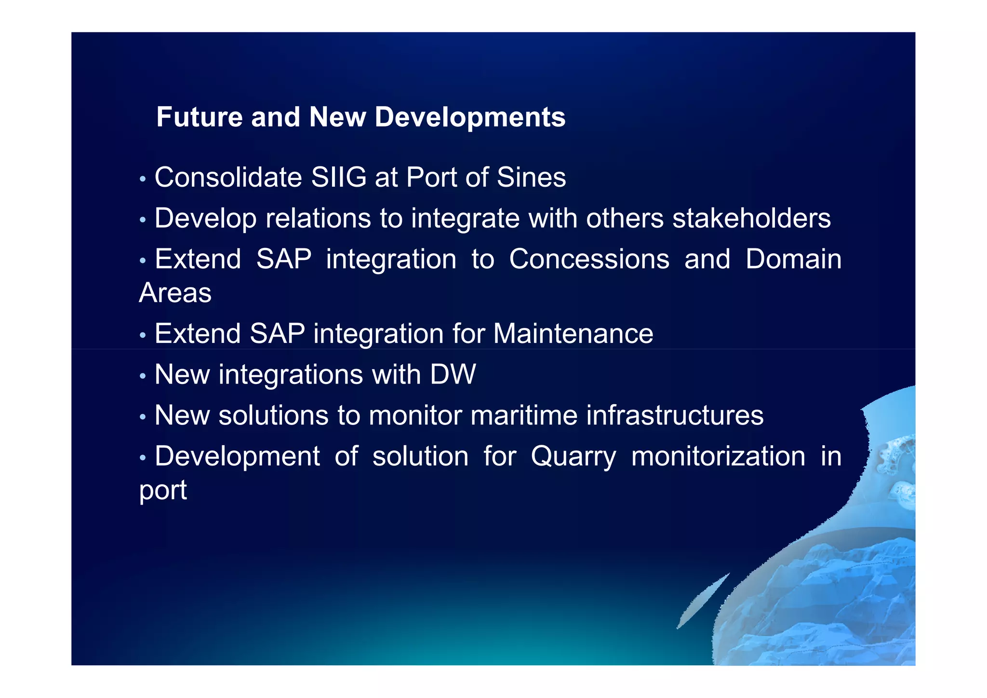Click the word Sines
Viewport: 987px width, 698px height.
point(531,178)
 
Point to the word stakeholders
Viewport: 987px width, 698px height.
point(751,219)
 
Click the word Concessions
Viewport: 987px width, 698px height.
point(589,260)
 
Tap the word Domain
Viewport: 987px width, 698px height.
point(793,260)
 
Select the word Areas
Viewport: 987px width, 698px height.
point(175,293)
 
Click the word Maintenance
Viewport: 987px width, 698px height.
point(573,334)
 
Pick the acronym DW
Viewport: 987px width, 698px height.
point(453,375)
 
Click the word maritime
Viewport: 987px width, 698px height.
point(524,415)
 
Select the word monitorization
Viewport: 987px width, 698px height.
point(718,456)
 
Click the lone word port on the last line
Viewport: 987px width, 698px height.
point(163,491)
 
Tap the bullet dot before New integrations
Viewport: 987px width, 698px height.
point(142,376)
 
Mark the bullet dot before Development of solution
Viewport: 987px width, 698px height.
point(142,458)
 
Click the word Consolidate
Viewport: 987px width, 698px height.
point(228,178)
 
